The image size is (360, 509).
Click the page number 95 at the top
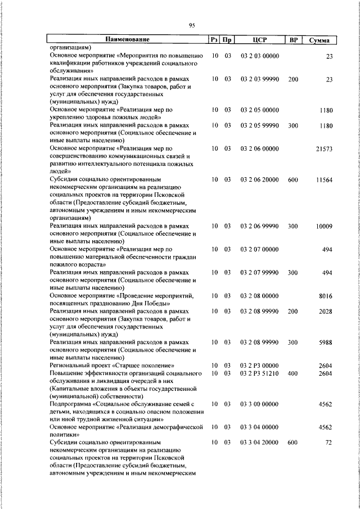pos(192,25)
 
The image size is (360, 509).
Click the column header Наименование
pos(127,39)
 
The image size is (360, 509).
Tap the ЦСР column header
pos(259,39)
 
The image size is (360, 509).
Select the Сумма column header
pos(319,40)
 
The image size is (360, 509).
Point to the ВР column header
pos(293,39)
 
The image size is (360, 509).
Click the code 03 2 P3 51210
pos(259,373)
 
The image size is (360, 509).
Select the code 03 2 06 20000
pos(259,179)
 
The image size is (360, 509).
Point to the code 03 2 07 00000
pos(259,249)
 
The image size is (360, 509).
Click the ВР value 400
pos(292,373)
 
